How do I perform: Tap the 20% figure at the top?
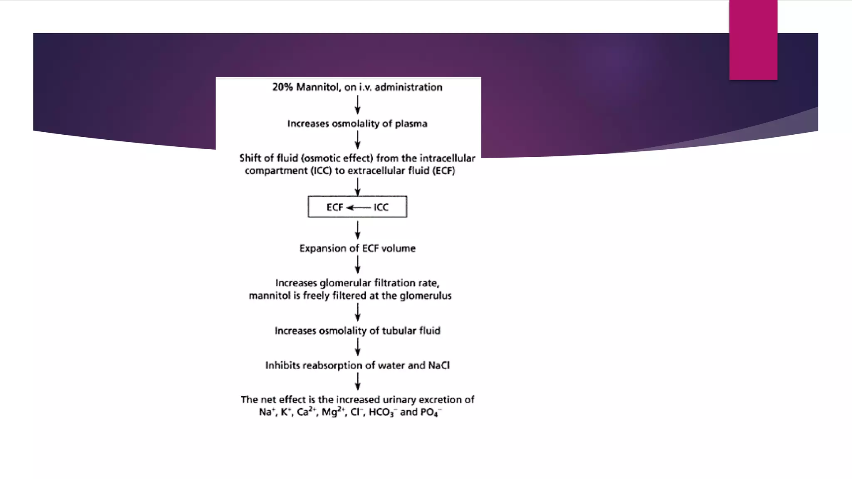click(282, 87)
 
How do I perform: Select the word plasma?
click(411, 124)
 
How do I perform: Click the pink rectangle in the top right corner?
click(753, 40)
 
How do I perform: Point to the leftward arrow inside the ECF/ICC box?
click(358, 207)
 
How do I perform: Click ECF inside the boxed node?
click(334, 207)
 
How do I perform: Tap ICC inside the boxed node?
click(381, 207)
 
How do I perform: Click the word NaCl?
click(438, 365)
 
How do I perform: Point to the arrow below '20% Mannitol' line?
click(357, 105)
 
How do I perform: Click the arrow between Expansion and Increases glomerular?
click(357, 264)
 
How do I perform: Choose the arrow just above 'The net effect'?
click(357, 381)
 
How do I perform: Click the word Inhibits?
click(282, 365)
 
